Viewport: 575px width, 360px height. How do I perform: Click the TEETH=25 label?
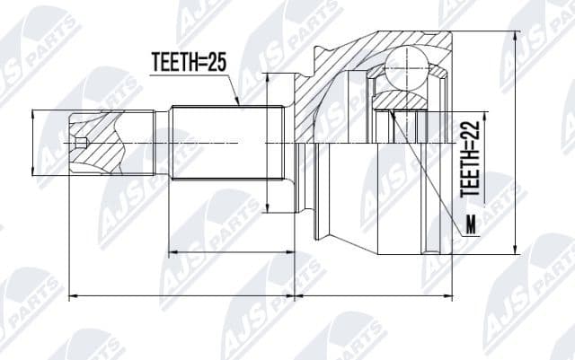tap(186, 63)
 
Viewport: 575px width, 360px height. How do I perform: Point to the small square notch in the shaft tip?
tap(82, 143)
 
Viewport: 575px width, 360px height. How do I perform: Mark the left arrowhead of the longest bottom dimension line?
tap(73, 294)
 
